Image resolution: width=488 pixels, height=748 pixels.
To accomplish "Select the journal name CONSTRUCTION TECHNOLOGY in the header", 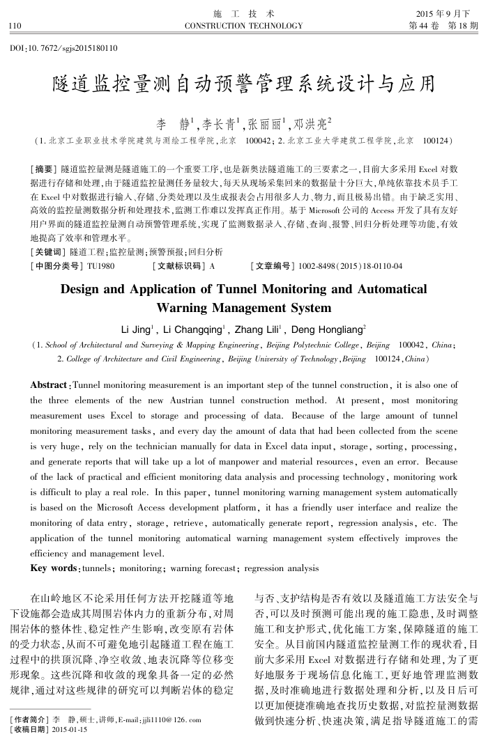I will pyautogui.click(x=243, y=26).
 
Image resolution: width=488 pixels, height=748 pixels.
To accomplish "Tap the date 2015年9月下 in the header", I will pyautogui.click(x=447, y=14).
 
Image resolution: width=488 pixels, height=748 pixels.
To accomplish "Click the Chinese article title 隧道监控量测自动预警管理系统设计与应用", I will pyautogui.click(x=243, y=85).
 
